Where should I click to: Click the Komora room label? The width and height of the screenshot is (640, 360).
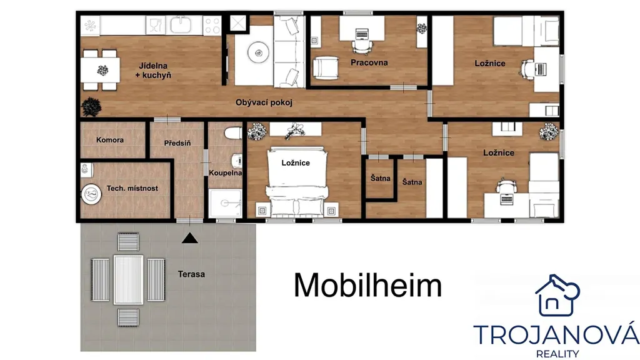(x=110, y=140)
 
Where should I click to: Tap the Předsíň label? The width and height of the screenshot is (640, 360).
(x=177, y=143)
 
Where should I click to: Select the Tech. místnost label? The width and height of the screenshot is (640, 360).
(x=132, y=188)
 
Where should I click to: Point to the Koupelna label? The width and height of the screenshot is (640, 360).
(x=225, y=173)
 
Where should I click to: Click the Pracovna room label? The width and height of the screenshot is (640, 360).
(x=369, y=62)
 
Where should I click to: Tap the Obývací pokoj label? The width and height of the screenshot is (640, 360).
(x=264, y=102)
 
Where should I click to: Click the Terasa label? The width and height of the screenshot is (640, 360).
(x=191, y=274)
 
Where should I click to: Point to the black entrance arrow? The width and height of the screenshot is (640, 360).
(x=189, y=238)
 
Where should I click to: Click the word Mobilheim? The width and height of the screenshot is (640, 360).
(x=367, y=285)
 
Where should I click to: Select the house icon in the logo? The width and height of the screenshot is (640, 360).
(x=557, y=296)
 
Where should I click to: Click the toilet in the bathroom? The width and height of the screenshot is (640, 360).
(x=233, y=133)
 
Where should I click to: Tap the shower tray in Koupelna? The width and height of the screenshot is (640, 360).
(x=225, y=203)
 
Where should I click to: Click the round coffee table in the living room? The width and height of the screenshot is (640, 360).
(x=258, y=52)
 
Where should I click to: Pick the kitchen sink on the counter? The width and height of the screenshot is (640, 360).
(x=181, y=25)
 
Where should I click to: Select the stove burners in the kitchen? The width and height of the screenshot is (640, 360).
(x=212, y=25)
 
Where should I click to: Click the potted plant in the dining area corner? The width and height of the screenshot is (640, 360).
(x=91, y=107)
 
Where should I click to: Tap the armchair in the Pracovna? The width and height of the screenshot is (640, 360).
(x=326, y=67)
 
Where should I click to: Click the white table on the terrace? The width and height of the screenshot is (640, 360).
(x=128, y=279)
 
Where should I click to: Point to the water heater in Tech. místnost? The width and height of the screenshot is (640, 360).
(x=91, y=194)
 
